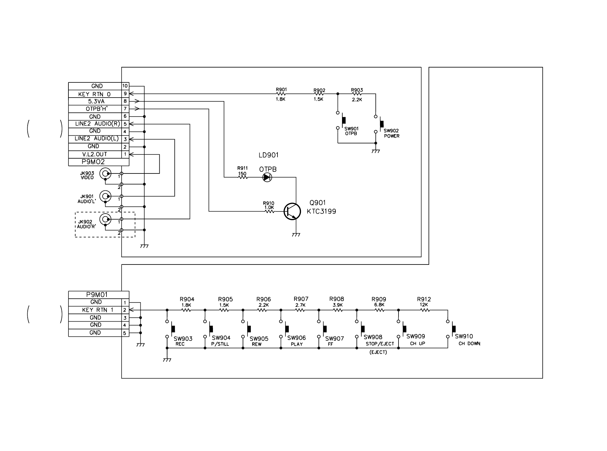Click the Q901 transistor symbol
[x=292, y=212]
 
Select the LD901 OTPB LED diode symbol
[x=267, y=178]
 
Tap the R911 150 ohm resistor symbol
[x=243, y=178]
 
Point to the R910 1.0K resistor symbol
[x=269, y=212]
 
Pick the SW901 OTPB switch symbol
[x=341, y=120]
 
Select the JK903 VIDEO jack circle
[x=105, y=173]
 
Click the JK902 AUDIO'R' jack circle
[x=105, y=219]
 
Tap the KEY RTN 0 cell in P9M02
[x=95, y=94]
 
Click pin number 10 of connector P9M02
[x=125, y=86]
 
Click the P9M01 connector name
[x=97, y=295]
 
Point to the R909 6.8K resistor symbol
[x=379, y=310]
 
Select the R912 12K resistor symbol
[x=425, y=310]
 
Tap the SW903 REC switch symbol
[x=170, y=329]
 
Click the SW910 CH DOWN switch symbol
[x=451, y=329]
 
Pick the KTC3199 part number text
[x=321, y=212]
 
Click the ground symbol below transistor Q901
[x=296, y=235]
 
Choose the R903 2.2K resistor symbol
[x=357, y=94]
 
